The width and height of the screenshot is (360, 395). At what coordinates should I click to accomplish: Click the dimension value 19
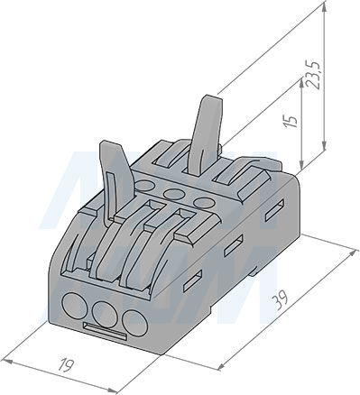point(66,364)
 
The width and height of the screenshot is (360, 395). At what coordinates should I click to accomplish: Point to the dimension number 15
point(291,121)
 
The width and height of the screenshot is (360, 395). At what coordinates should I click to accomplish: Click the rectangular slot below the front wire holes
point(105,331)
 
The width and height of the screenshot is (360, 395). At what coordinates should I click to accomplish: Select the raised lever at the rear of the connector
point(206,134)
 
